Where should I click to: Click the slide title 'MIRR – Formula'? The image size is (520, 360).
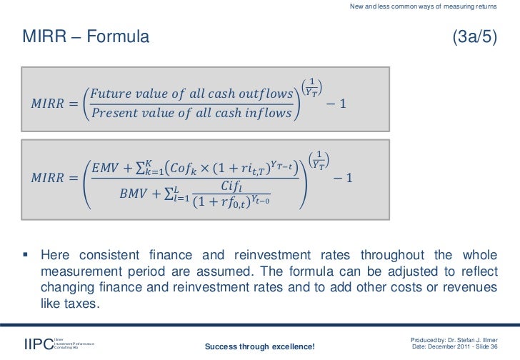[86, 36]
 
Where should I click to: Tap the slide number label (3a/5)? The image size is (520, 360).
[475, 36]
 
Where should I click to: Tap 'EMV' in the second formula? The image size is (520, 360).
[105, 167]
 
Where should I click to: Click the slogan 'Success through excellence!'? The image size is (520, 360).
[259, 346]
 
